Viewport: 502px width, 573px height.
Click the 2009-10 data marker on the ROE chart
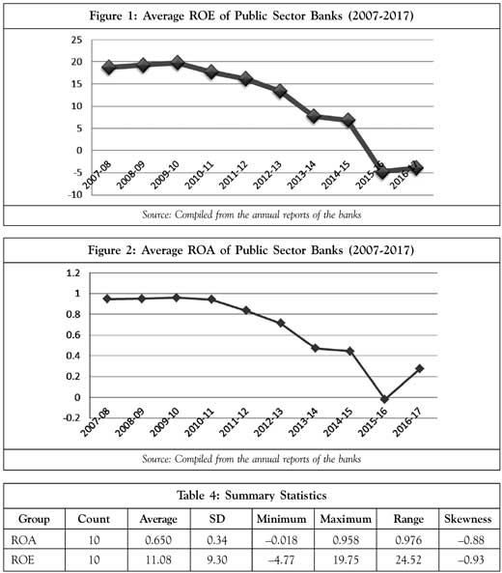coord(178,63)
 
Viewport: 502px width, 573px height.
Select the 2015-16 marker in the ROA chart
coord(384,399)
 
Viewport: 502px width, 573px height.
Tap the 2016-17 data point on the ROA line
coord(420,368)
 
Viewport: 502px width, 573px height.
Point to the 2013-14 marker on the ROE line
coord(314,116)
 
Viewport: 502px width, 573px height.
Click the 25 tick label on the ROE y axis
coord(77,40)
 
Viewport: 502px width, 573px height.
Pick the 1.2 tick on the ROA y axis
coord(73,273)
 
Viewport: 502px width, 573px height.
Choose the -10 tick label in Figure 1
coord(75,194)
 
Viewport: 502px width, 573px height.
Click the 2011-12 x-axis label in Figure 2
coord(234,422)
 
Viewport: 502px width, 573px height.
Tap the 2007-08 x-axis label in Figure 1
coord(97,176)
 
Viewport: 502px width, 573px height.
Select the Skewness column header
coord(467,519)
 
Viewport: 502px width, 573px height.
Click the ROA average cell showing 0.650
coord(158,540)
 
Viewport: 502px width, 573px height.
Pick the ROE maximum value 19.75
coord(346,559)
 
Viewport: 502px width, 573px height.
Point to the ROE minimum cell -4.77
coord(281,559)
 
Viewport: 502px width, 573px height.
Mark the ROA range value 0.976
coord(408,540)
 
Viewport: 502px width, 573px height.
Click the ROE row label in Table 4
coord(23,559)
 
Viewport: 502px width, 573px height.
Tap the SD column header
coord(217,519)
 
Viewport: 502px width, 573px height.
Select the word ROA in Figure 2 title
coord(201,250)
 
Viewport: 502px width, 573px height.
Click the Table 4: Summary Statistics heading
coord(252,495)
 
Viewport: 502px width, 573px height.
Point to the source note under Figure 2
coord(252,459)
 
